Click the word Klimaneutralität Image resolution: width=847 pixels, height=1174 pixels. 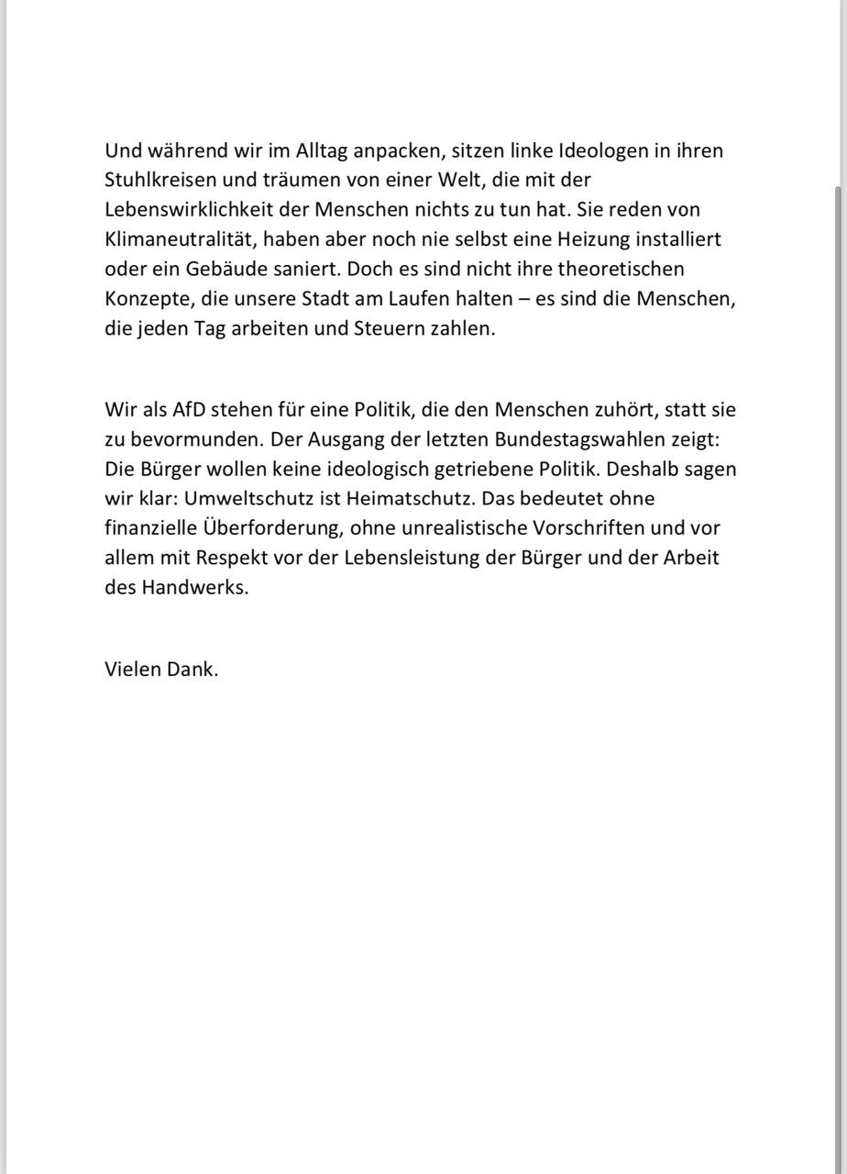tap(177, 239)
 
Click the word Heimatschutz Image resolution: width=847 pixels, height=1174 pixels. tap(401, 498)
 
